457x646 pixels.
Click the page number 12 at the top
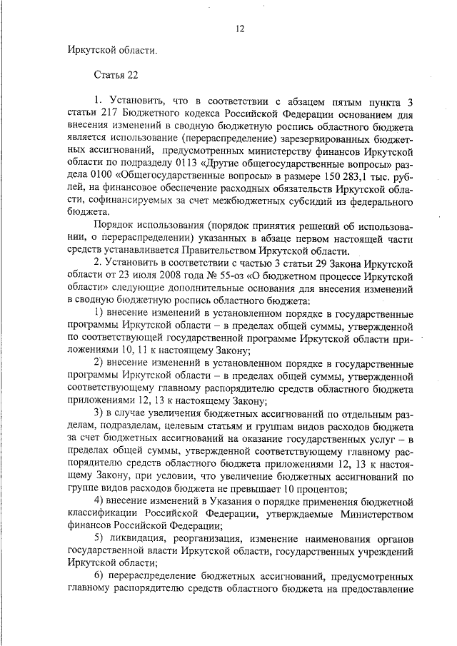[240, 29]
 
